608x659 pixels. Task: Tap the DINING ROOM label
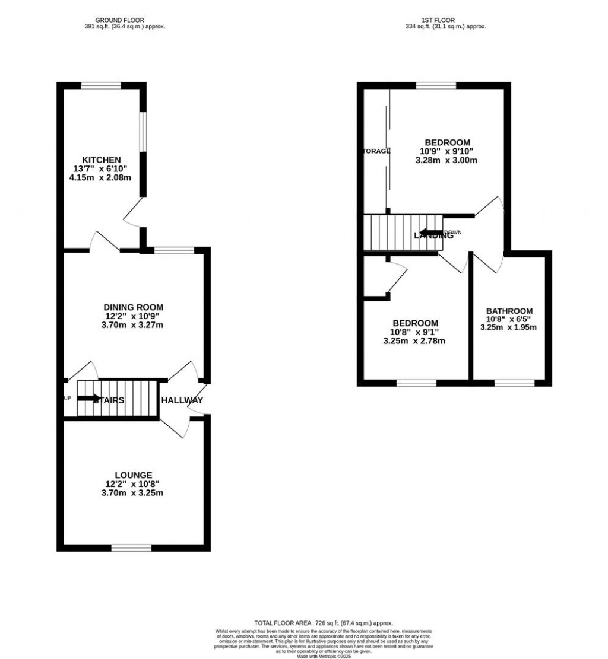tap(134, 307)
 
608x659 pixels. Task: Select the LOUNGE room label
tap(134, 475)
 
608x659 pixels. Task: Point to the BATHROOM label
tap(509, 311)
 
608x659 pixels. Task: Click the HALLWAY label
tap(182, 400)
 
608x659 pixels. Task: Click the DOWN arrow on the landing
tap(430, 232)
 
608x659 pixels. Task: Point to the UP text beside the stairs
tap(67, 398)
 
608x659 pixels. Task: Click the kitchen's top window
tap(101, 85)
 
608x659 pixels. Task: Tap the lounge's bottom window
tap(131, 547)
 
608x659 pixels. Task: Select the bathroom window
tap(514, 383)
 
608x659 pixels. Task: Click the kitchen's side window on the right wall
tap(143, 129)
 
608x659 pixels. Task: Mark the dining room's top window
tap(174, 250)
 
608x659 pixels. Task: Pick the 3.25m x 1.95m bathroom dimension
tap(509, 327)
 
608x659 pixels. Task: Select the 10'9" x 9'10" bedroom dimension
tap(448, 151)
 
